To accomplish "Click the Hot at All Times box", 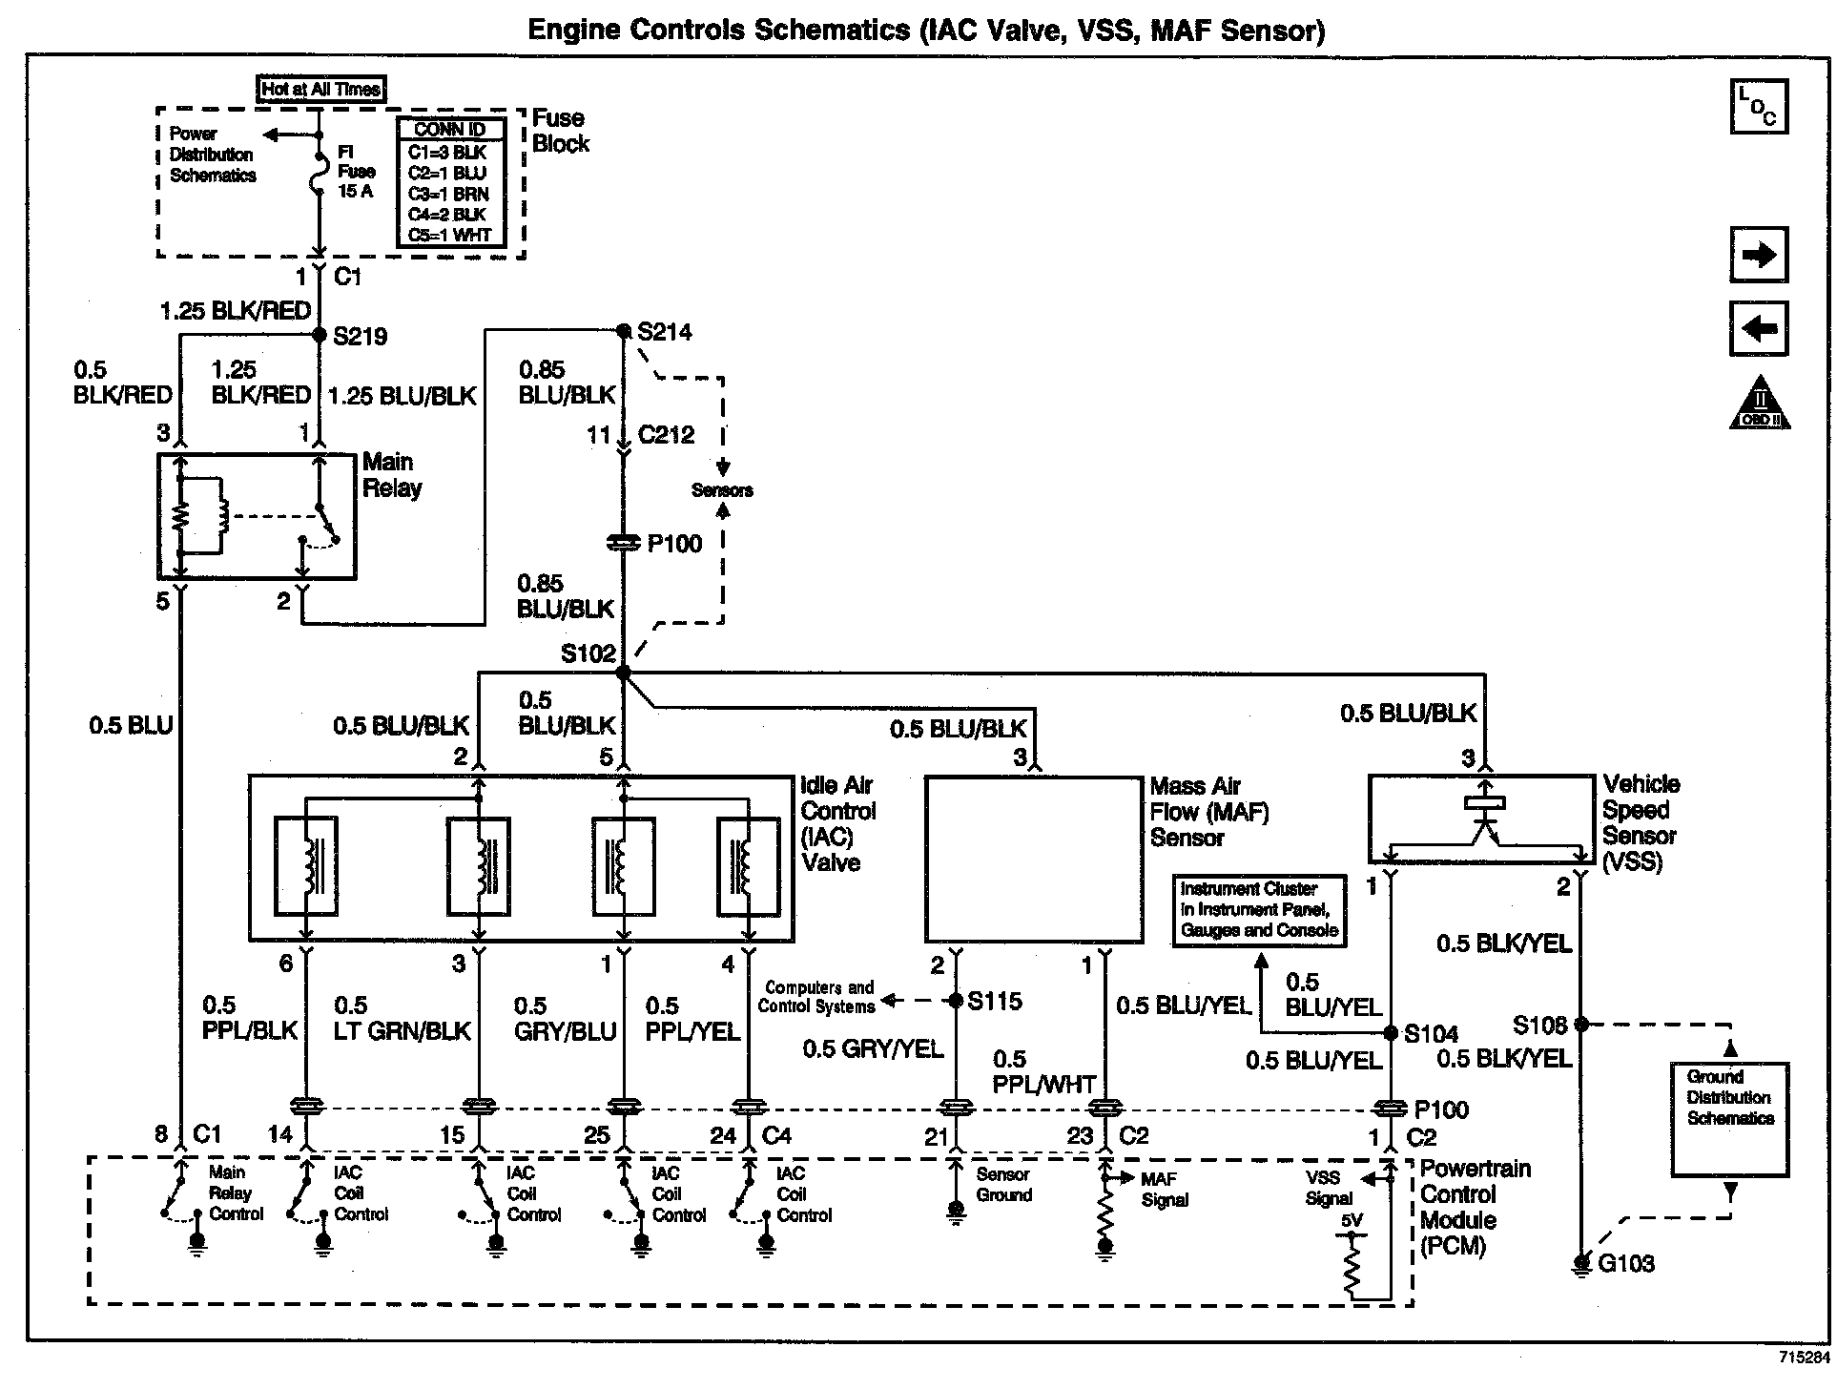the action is tap(321, 89).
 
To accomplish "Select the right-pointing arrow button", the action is tap(1759, 255).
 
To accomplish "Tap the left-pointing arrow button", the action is tap(1759, 329).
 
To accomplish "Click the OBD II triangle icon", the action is tap(1760, 403).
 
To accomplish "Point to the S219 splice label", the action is tap(360, 336).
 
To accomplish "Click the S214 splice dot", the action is tap(624, 331).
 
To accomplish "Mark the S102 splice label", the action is tap(588, 653).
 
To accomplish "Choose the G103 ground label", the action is tap(1626, 1264).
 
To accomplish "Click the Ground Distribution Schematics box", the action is tap(1729, 1119).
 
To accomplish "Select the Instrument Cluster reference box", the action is tap(1259, 910).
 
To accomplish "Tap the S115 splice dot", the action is tap(956, 1001).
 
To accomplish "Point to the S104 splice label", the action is tap(1432, 1033).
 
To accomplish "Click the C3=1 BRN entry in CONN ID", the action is tap(448, 194).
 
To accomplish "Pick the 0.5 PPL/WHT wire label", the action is tap(1043, 1072).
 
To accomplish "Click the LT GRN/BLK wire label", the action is tap(402, 1031).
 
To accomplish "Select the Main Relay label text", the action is tap(392, 475).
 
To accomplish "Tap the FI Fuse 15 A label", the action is tap(357, 172).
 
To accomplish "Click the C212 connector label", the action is tap(666, 435).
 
